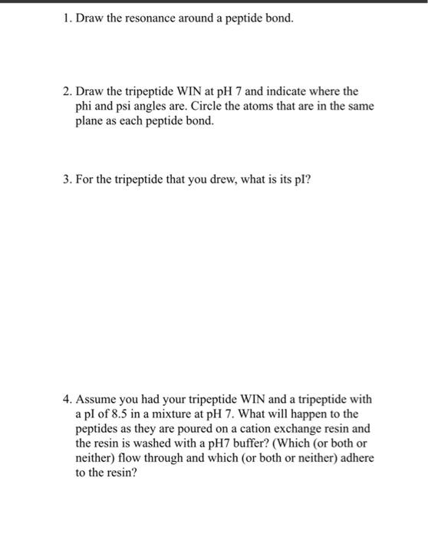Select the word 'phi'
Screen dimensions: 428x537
pyautogui.click(x=84, y=106)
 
